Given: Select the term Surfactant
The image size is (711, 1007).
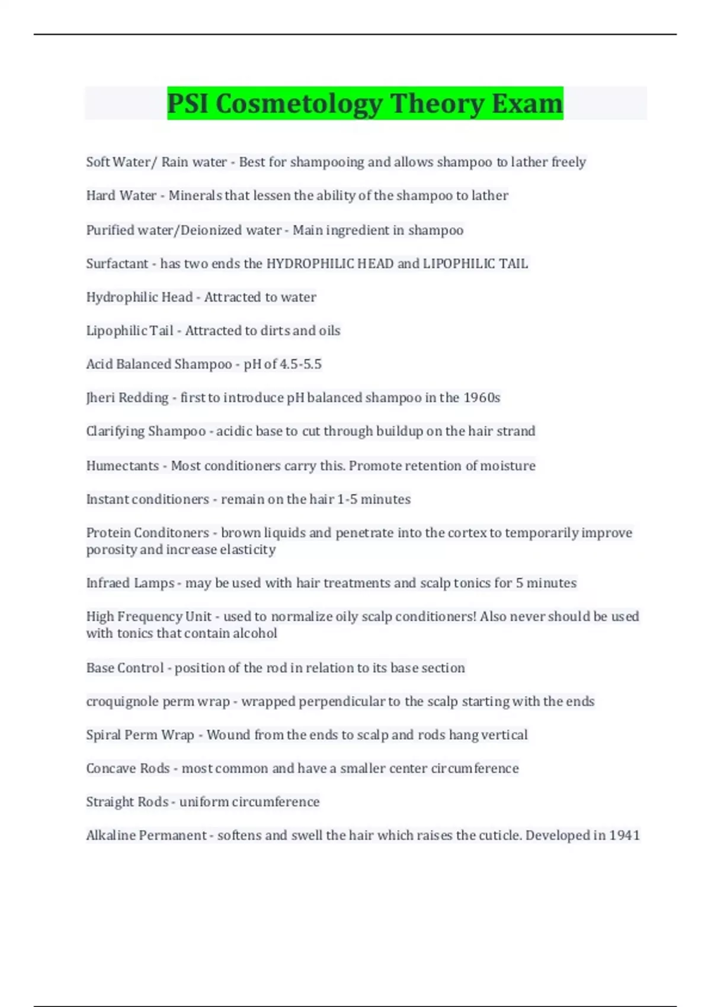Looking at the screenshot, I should coord(117,264).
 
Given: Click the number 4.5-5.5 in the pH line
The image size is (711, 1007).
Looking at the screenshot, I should coord(300,364).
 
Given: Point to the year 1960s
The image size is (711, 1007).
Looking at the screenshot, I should coord(482,397).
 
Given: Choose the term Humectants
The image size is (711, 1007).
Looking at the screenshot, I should coord(122,466).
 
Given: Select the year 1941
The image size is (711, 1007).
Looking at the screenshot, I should coord(624,835).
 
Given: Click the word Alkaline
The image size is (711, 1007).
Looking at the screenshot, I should coord(110,835).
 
